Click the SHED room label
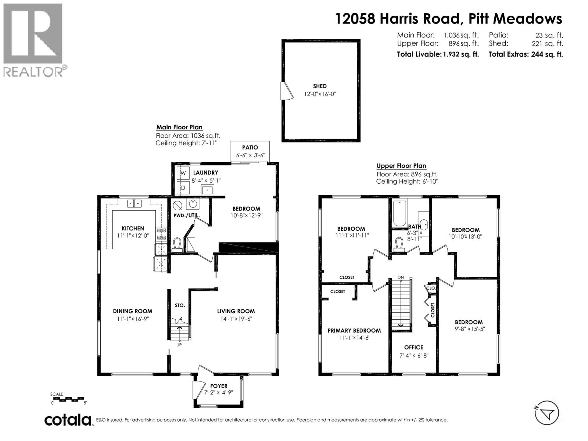(x=320, y=86)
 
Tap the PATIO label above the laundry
(x=250, y=147)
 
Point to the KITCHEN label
(x=133, y=228)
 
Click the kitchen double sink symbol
(x=134, y=203)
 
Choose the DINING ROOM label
(x=132, y=311)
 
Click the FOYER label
(x=219, y=386)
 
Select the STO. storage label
(x=180, y=305)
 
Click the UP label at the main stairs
(x=179, y=345)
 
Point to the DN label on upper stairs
(x=401, y=277)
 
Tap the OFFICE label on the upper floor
(x=413, y=347)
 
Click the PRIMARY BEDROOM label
(x=354, y=330)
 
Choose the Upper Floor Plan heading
(x=401, y=166)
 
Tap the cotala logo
(x=68, y=420)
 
